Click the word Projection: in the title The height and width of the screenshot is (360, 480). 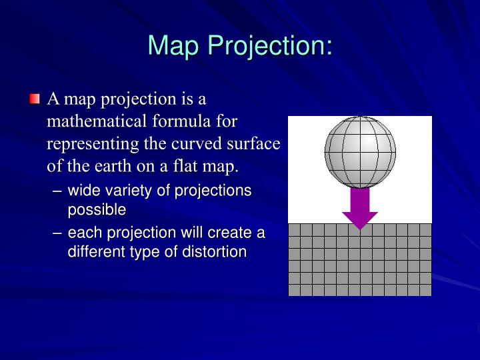click(270, 45)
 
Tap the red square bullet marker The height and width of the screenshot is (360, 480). click(35, 100)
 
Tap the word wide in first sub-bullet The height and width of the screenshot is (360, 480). click(83, 191)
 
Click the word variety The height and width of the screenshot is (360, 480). click(123, 191)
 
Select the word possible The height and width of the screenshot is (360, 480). click(97, 209)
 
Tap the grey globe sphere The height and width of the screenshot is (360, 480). click(360, 151)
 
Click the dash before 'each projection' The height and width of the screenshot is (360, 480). click(58, 233)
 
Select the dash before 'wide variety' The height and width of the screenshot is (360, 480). click(58, 191)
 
